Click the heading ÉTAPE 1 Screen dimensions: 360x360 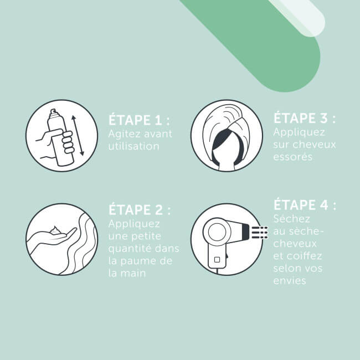[x=138, y=121]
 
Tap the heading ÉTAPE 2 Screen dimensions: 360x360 [x=138, y=211]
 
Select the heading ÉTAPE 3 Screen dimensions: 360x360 [x=305, y=119]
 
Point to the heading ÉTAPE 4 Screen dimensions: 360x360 [x=305, y=206]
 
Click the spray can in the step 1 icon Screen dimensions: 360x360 [x=59, y=136]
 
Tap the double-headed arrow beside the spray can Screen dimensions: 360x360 [x=78, y=136]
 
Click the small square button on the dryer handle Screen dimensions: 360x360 [x=218, y=258]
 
